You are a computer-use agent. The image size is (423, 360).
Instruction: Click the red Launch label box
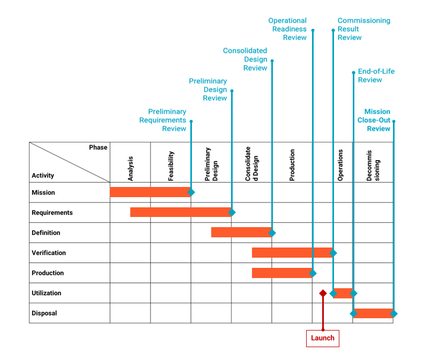click(322, 338)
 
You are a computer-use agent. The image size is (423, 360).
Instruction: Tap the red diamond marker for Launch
click(323, 293)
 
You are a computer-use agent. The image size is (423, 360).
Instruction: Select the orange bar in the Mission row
click(150, 192)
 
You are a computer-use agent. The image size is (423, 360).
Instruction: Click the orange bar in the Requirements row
click(180, 212)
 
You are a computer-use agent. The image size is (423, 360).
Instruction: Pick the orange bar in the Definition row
click(241, 232)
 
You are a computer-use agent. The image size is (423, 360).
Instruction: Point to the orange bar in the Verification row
click(292, 252)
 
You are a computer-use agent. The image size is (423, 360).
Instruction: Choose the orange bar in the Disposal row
click(373, 313)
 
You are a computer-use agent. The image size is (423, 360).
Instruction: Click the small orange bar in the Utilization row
click(343, 293)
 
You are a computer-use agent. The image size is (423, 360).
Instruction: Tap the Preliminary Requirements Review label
click(163, 120)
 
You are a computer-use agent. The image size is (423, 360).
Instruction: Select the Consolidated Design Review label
click(245, 59)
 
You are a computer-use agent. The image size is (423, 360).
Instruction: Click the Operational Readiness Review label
click(288, 29)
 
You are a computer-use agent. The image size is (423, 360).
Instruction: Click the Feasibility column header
click(171, 166)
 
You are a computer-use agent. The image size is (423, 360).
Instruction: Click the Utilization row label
click(47, 293)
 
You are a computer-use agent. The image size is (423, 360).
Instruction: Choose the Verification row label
click(49, 252)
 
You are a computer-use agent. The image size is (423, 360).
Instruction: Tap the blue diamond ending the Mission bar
click(191, 192)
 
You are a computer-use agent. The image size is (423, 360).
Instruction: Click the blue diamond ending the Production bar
click(313, 273)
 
